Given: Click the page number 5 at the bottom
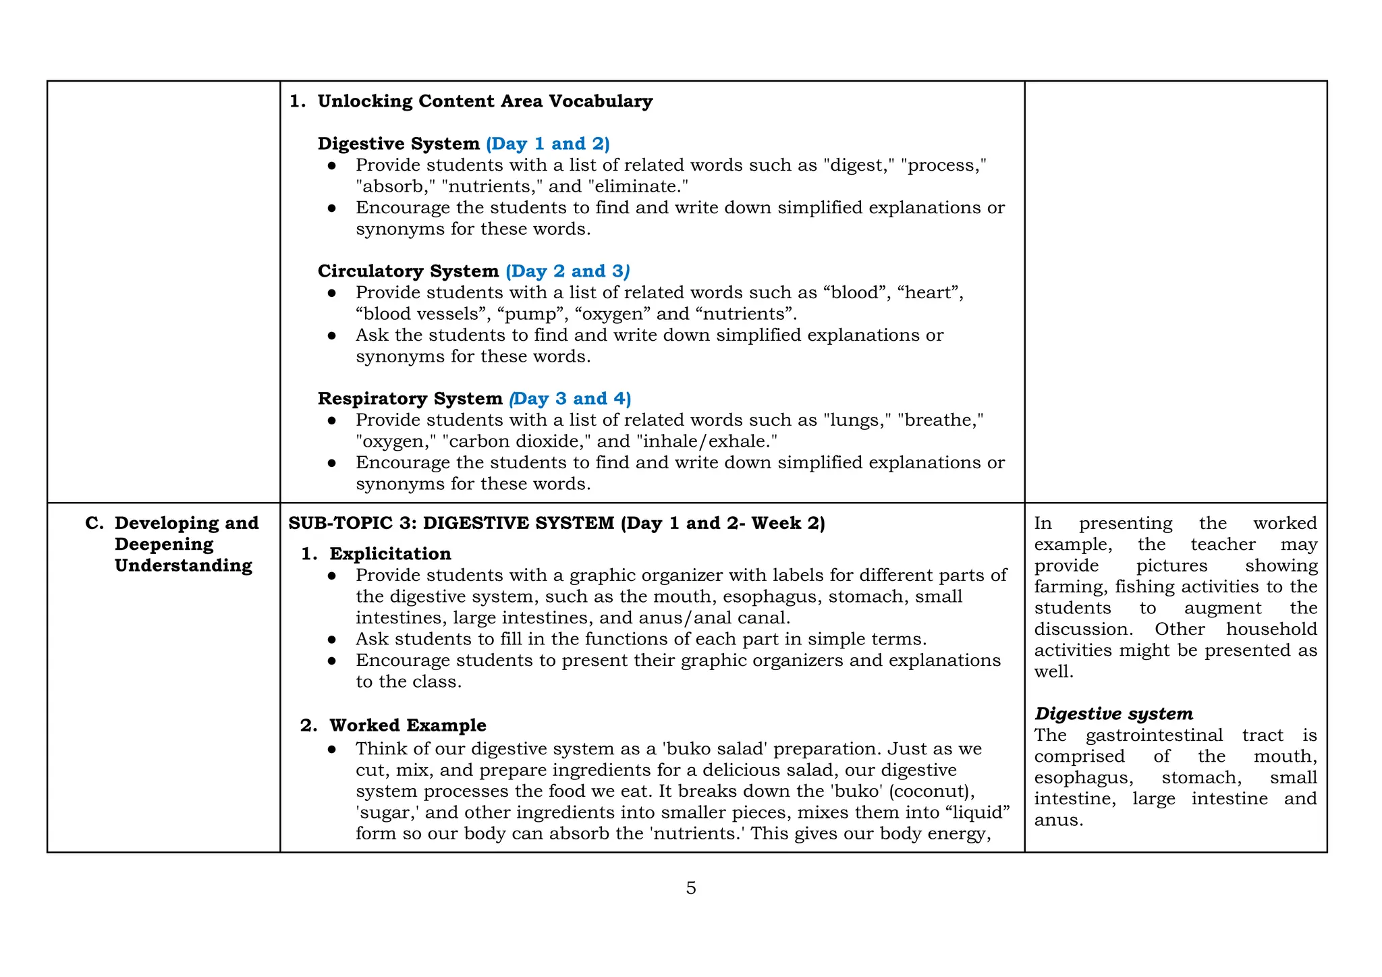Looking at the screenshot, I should coord(690,888).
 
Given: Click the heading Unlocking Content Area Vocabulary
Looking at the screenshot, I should coord(485,101).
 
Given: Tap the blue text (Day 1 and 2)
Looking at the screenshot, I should coord(547,144).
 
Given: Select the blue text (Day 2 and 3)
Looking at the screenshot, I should coord(568,271).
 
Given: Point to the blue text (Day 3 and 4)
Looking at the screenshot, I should coord(571,399).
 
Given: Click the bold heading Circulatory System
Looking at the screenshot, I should coord(408,271).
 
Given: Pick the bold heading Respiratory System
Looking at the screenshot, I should coord(410,399).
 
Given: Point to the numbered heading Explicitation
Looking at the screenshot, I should coord(390,554).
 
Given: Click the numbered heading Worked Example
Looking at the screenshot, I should coord(408,725).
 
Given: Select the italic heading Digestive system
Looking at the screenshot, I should coord(1113,714).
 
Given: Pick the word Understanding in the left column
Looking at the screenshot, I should coord(184,565).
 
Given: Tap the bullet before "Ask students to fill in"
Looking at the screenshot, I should coord(331,640).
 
